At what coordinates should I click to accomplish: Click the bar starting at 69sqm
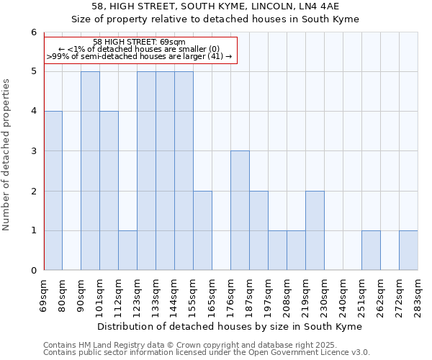[x=53, y=191]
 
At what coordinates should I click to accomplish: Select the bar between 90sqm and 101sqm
[x=91, y=171]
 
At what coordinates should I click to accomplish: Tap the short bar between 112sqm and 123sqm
[x=128, y=251]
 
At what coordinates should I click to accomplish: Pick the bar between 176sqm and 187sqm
[x=240, y=210]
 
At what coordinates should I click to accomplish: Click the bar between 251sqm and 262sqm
[x=371, y=251]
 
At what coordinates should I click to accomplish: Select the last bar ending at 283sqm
[x=408, y=251]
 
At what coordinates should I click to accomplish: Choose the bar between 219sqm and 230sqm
[x=315, y=230]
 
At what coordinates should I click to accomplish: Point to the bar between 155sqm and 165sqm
[x=202, y=230]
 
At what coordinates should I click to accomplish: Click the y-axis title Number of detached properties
[x=7, y=155]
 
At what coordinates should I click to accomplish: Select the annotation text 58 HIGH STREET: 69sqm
[x=140, y=42]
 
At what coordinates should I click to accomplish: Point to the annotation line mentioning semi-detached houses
[x=140, y=56]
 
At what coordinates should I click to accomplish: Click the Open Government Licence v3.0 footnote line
[x=207, y=353]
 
